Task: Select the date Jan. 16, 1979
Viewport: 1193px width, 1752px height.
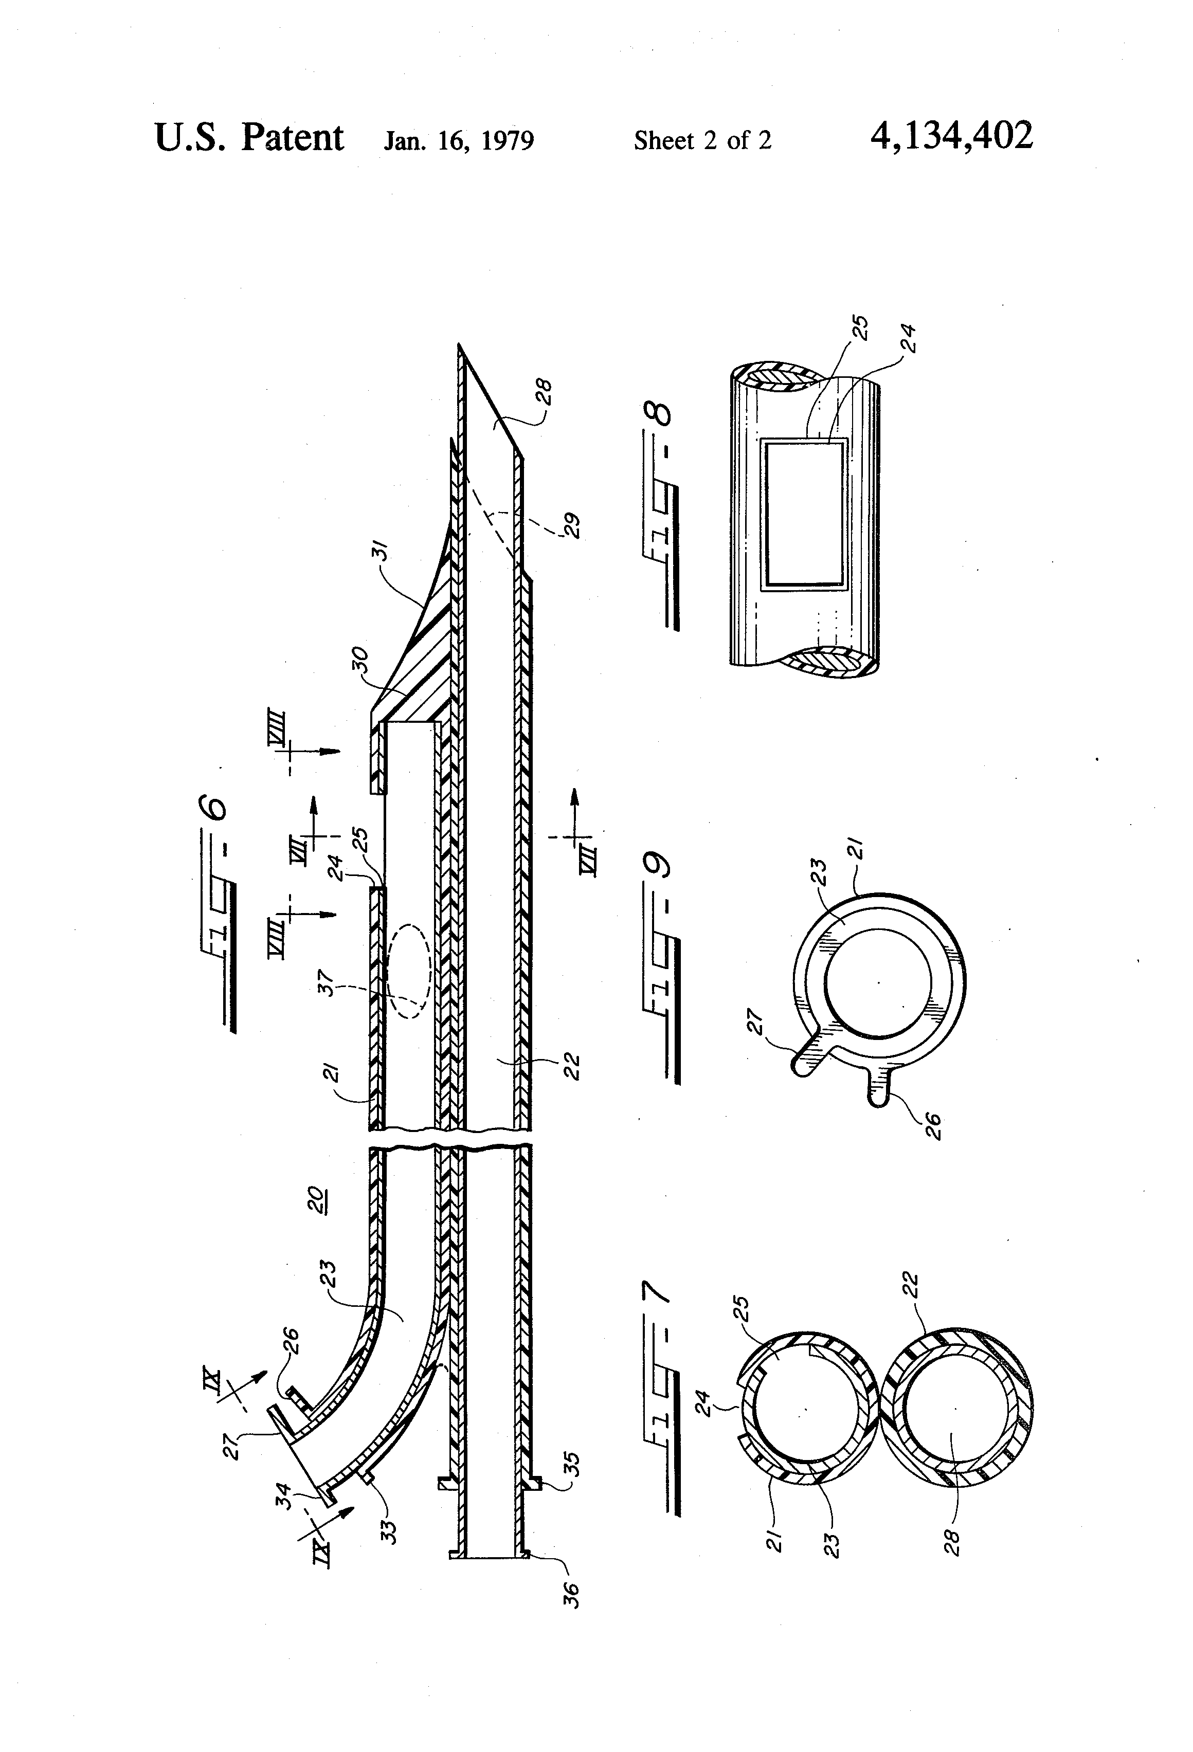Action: (x=459, y=141)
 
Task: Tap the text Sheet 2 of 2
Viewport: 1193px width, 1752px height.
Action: (x=702, y=140)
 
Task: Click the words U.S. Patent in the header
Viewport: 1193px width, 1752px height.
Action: (x=249, y=138)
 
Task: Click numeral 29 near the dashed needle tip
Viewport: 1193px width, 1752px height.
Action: (x=571, y=525)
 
